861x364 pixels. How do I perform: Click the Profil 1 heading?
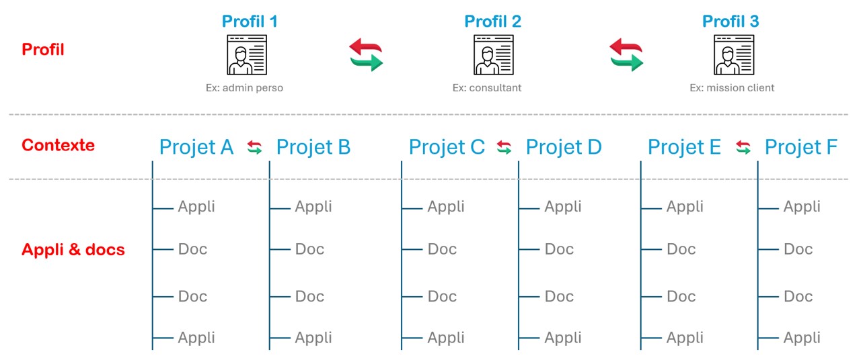250,21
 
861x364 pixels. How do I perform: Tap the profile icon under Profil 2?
494,54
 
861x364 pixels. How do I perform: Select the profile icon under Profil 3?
734,54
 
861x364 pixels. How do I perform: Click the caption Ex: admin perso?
244,88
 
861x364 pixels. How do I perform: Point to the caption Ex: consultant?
486,88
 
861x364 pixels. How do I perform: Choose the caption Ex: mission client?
732,88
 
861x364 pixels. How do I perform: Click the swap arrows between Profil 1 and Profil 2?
366,54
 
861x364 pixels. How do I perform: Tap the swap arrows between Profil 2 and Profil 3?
626,54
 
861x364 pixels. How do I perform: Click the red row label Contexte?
58,145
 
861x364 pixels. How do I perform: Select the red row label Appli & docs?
73,250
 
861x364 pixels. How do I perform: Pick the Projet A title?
196,147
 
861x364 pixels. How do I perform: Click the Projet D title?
564,147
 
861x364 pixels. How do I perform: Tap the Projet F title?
801,147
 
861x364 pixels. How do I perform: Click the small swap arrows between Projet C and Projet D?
504,147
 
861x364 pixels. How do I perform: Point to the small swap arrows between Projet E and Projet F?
743,147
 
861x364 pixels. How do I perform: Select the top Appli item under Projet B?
313,207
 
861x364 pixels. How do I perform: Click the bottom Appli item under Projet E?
685,338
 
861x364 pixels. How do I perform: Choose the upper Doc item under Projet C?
442,249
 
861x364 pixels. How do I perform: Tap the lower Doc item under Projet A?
192,296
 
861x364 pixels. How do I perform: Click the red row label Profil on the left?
42,50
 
